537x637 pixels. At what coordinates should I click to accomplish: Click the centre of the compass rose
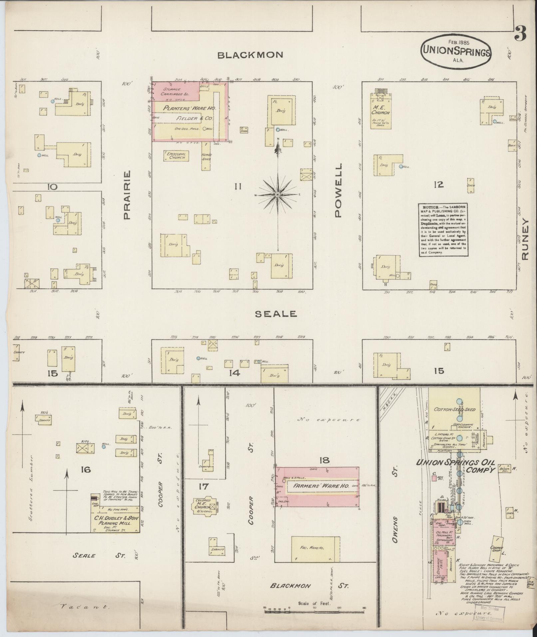coord(278,194)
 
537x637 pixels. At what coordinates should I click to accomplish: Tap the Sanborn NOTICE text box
coord(444,230)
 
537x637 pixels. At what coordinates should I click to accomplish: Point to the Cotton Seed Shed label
coord(454,410)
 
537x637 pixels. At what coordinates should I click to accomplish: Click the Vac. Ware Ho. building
coord(316,548)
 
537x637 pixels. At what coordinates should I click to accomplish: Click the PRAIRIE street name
coord(126,195)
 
